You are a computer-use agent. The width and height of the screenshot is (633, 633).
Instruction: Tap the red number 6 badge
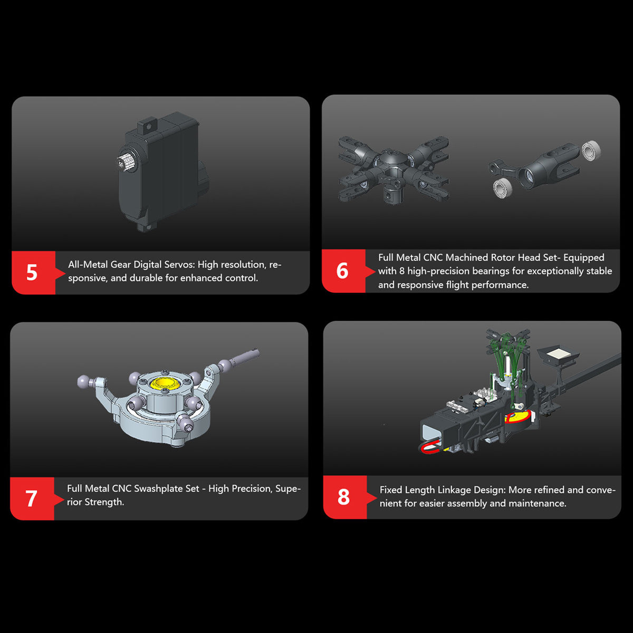tap(343, 271)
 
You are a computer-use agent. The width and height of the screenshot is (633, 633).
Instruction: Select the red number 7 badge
tap(32, 498)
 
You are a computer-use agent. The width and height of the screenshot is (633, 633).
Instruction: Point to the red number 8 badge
tap(345, 497)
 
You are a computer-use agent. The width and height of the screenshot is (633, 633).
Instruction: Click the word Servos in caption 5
tap(180, 264)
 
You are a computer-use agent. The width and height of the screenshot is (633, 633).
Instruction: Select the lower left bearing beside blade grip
tap(502, 189)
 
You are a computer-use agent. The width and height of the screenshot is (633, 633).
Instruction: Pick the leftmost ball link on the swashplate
tap(83, 381)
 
